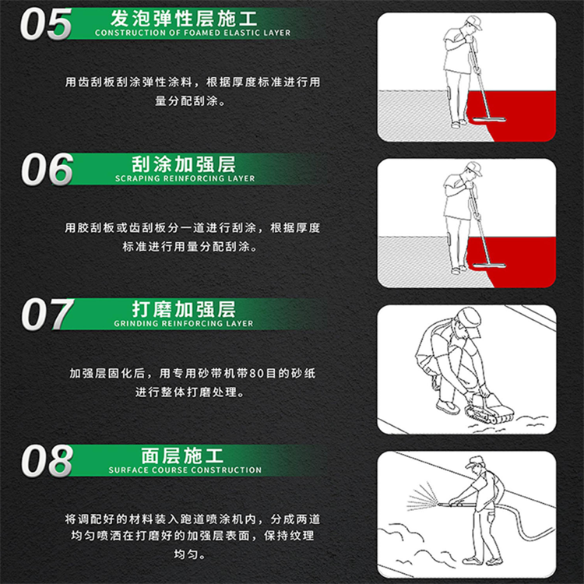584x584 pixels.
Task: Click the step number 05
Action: [45, 24]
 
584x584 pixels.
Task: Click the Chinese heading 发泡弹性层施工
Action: [184, 16]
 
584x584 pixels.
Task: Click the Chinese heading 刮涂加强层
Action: [184, 164]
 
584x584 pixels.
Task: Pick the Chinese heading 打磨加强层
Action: [184, 308]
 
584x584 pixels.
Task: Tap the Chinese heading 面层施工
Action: [184, 455]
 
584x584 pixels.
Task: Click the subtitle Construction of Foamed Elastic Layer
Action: [192, 33]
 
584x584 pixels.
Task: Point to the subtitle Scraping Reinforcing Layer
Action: [185, 178]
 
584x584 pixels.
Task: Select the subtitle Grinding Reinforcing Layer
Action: [184, 323]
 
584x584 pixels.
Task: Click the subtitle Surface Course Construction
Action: [185, 470]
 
